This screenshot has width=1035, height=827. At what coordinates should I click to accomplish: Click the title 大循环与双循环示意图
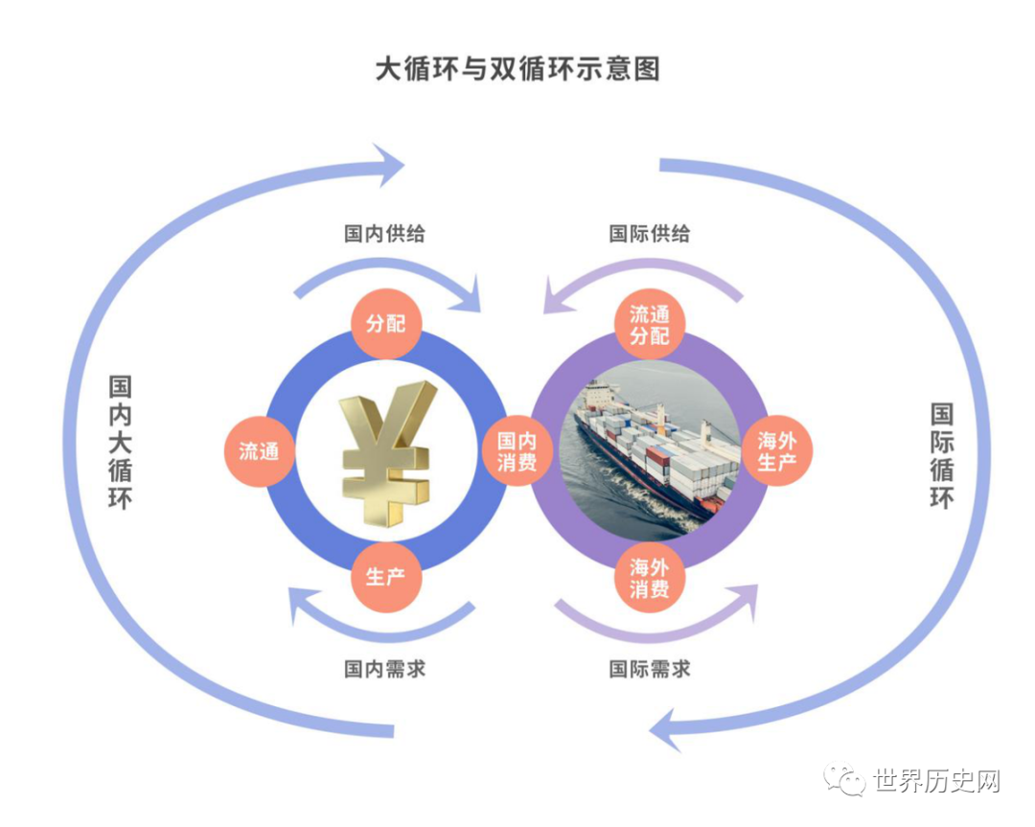[517, 70]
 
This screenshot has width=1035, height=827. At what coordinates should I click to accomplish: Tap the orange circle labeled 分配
[385, 324]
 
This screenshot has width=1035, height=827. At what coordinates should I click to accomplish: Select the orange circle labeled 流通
[259, 451]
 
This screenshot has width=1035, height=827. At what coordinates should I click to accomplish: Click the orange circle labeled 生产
[385, 578]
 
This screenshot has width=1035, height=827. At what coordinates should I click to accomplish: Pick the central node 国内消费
[517, 451]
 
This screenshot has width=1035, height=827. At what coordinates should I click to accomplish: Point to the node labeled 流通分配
[649, 324]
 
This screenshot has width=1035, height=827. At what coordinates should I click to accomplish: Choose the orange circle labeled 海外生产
[776, 451]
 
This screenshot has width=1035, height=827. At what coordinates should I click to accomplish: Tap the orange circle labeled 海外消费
[649, 578]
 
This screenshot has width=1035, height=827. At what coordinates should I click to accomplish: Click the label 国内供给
[385, 234]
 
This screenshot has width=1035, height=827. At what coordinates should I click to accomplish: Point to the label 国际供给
[649, 234]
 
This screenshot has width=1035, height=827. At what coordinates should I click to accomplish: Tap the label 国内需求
[385, 669]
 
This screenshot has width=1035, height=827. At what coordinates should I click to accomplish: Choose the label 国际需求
[649, 669]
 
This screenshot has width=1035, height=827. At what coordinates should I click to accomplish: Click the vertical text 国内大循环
[121, 442]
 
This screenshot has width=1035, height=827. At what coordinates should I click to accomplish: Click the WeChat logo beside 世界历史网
[846, 781]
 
